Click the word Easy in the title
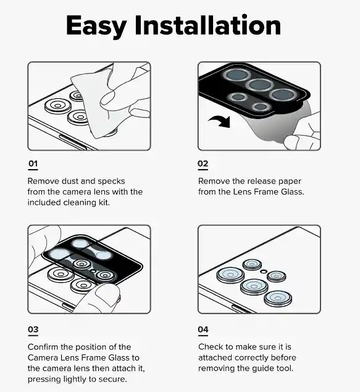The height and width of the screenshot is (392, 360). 96,27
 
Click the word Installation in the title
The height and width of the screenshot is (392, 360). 208,25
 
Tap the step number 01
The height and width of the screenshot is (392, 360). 33,164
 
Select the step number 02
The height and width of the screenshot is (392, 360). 203,164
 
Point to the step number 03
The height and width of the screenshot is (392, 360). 33,329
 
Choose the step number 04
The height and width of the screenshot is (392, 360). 203,329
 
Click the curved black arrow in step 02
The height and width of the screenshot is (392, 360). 220,121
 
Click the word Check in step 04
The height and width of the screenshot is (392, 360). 211,347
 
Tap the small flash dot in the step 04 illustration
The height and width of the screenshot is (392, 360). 263,271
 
